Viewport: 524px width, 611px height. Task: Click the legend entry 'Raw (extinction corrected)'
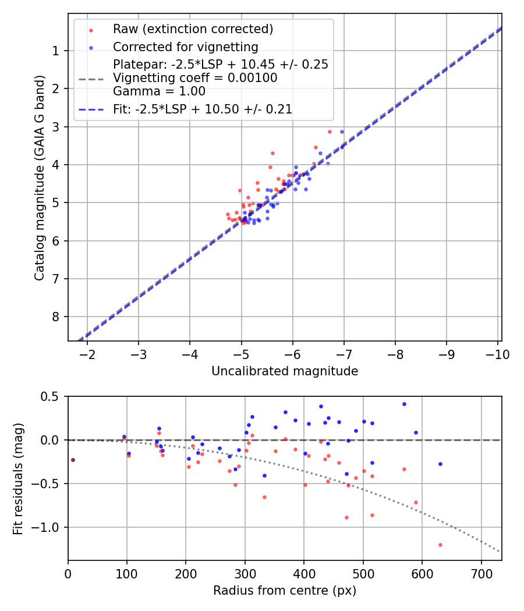pyautogui.click(x=193, y=29)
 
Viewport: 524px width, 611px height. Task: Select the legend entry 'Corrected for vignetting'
pyautogui.click(x=185, y=47)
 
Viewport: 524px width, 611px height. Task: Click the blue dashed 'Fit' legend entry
pyautogui.click(x=202, y=109)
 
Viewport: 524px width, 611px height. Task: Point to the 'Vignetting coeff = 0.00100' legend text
pyautogui.click(x=195, y=78)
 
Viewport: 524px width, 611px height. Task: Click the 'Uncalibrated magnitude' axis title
pyautogui.click(x=284, y=371)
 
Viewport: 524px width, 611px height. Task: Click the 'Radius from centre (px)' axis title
pyautogui.click(x=284, y=591)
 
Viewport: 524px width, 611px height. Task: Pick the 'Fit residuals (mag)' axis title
pyautogui.click(x=18, y=478)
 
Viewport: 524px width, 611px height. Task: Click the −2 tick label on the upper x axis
pyautogui.click(x=87, y=354)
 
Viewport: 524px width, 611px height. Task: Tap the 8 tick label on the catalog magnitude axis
pyautogui.click(x=56, y=317)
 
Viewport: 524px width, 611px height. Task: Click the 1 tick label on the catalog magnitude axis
pyautogui.click(x=56, y=51)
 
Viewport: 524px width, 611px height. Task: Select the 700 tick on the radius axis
pyautogui.click(x=481, y=574)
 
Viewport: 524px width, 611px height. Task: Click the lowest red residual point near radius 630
pyautogui.click(x=440, y=545)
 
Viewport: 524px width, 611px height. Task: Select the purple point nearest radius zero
pyautogui.click(x=73, y=460)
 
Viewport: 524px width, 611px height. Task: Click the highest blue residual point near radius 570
pyautogui.click(x=404, y=404)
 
